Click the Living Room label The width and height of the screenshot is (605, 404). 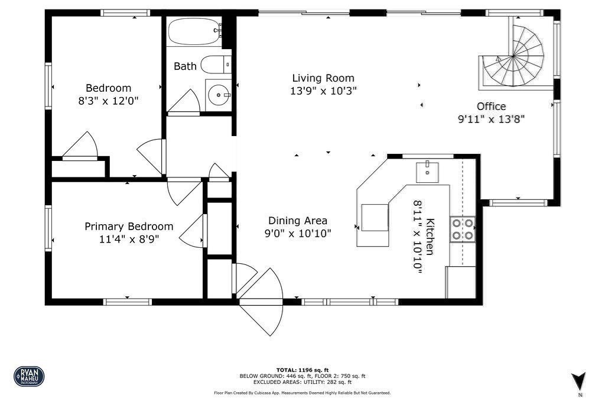click(x=323, y=78)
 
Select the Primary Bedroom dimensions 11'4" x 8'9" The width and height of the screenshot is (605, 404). click(x=129, y=239)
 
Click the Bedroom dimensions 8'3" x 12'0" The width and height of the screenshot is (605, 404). click(x=108, y=101)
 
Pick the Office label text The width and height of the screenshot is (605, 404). click(x=492, y=106)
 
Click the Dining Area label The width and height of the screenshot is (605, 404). click(x=297, y=221)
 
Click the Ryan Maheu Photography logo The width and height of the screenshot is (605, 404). click(x=28, y=376)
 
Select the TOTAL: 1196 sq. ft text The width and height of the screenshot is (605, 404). click(x=302, y=370)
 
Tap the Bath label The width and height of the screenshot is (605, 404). click(x=185, y=66)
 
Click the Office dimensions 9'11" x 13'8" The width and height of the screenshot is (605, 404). click(x=492, y=118)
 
